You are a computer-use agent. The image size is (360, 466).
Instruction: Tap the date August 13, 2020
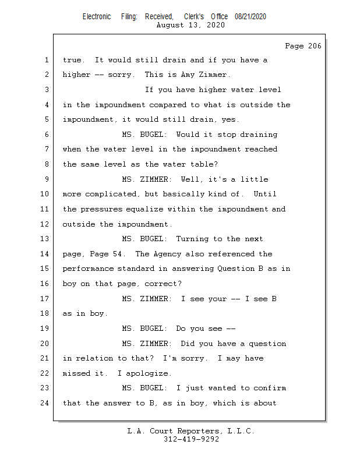tap(190, 25)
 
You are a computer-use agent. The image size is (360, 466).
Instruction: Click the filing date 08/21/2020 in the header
tap(250, 17)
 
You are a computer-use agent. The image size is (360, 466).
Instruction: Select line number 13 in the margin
tap(45, 239)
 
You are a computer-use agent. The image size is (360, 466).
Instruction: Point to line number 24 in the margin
tap(45, 403)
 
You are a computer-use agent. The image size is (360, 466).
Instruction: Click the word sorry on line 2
tap(119, 75)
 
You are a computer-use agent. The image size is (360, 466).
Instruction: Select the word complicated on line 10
tap(112, 194)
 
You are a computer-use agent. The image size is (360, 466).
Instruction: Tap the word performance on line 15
tap(89, 269)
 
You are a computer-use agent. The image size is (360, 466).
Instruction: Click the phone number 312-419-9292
tap(190, 439)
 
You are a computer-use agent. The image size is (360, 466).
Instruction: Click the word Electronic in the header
tap(97, 17)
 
